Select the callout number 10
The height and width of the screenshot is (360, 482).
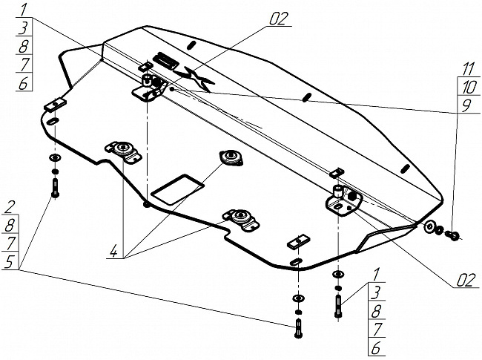click(467, 88)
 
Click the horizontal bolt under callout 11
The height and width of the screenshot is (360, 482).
click(452, 236)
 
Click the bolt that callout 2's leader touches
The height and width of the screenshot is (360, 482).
click(55, 186)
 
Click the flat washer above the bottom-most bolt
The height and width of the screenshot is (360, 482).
click(298, 298)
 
